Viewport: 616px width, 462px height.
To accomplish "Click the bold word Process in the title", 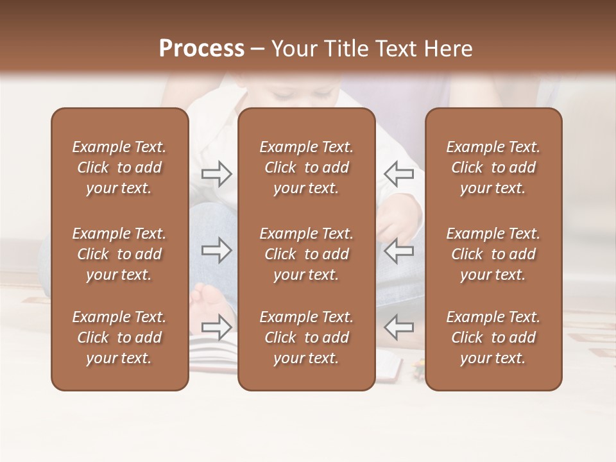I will coord(201,49).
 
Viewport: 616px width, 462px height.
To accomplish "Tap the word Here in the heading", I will coord(447,49).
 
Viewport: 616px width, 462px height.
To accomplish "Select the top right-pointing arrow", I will coord(217,173).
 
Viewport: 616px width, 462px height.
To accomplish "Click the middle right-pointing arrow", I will coord(217,250).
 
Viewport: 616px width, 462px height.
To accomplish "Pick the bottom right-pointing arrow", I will coord(217,327).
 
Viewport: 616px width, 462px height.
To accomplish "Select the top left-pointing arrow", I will coord(398,173).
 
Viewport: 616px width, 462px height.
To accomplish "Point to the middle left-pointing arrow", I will coord(398,250).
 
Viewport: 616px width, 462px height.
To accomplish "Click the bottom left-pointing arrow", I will coord(398,327).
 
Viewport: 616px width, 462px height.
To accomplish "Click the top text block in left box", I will coord(119,167).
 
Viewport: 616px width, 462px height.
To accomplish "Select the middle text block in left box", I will coord(119,254).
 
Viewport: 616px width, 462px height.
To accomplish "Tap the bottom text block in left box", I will coord(119,338).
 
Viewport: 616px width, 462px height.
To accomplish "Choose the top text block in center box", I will coord(306,167).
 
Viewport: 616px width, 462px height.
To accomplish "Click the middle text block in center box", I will coord(306,254).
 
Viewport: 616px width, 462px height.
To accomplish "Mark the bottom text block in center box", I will coord(306,338).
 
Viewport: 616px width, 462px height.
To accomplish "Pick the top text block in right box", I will coord(493,167).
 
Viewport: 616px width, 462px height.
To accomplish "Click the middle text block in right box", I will coord(493,254).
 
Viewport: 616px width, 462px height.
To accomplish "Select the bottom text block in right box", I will coord(493,338).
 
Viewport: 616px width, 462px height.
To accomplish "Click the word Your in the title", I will coord(294,49).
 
